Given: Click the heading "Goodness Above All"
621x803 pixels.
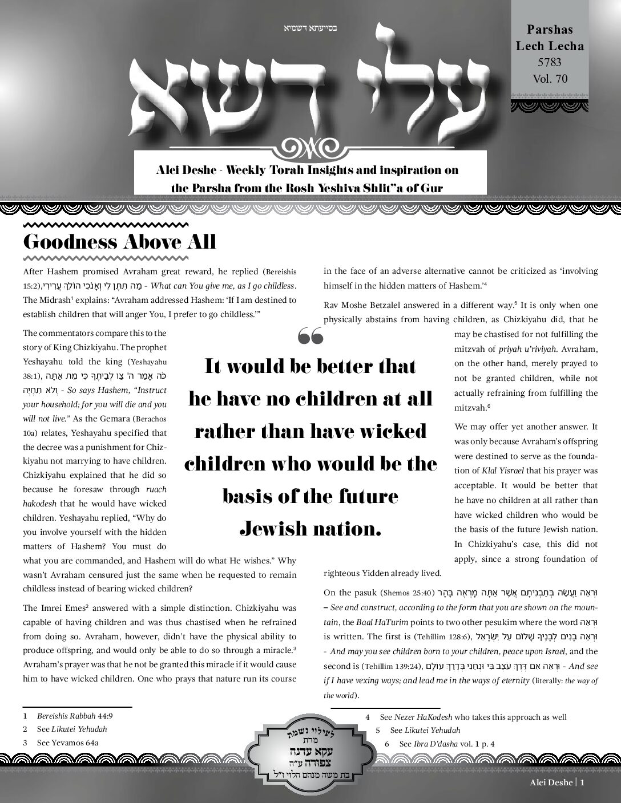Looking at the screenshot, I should pyautogui.click(x=120, y=241).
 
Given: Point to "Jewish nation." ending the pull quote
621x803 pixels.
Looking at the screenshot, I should pyautogui.click(x=310, y=529).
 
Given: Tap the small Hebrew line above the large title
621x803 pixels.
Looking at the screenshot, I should pyautogui.click(x=310, y=27).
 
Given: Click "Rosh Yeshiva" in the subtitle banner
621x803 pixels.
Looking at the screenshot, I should pyautogui.click(x=357, y=188).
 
